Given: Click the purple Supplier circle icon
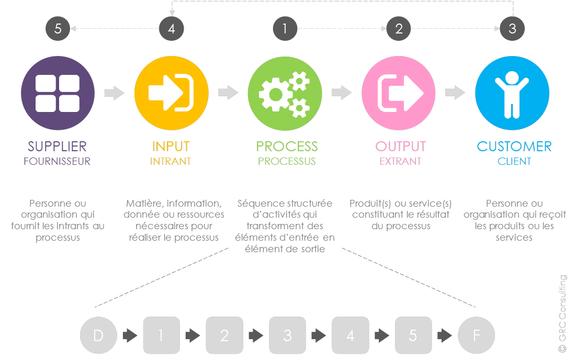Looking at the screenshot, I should [58, 93].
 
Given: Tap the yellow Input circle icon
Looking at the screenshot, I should [171, 93].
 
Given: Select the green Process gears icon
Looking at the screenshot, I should [285, 93].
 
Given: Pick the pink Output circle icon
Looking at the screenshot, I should [398, 93].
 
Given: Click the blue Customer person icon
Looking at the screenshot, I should [512, 93].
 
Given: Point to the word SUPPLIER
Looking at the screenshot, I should [57, 146].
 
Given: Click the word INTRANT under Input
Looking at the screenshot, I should [171, 162].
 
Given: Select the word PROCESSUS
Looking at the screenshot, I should [287, 162].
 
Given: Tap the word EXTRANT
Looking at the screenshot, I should [400, 162].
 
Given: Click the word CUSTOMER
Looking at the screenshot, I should [514, 146].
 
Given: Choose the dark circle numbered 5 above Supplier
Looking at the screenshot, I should [58, 29].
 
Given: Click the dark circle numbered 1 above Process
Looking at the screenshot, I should [285, 29].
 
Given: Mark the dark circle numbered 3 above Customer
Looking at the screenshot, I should [512, 29].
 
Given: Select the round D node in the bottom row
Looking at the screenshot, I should [98, 335].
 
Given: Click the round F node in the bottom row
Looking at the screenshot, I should [476, 335].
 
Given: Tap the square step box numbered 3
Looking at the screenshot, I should [287, 335].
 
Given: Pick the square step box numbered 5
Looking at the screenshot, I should [413, 335].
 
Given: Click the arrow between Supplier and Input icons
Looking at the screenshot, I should [114, 93].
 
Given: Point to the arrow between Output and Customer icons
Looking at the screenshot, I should [455, 93].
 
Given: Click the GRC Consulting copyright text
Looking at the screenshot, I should [562, 313].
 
